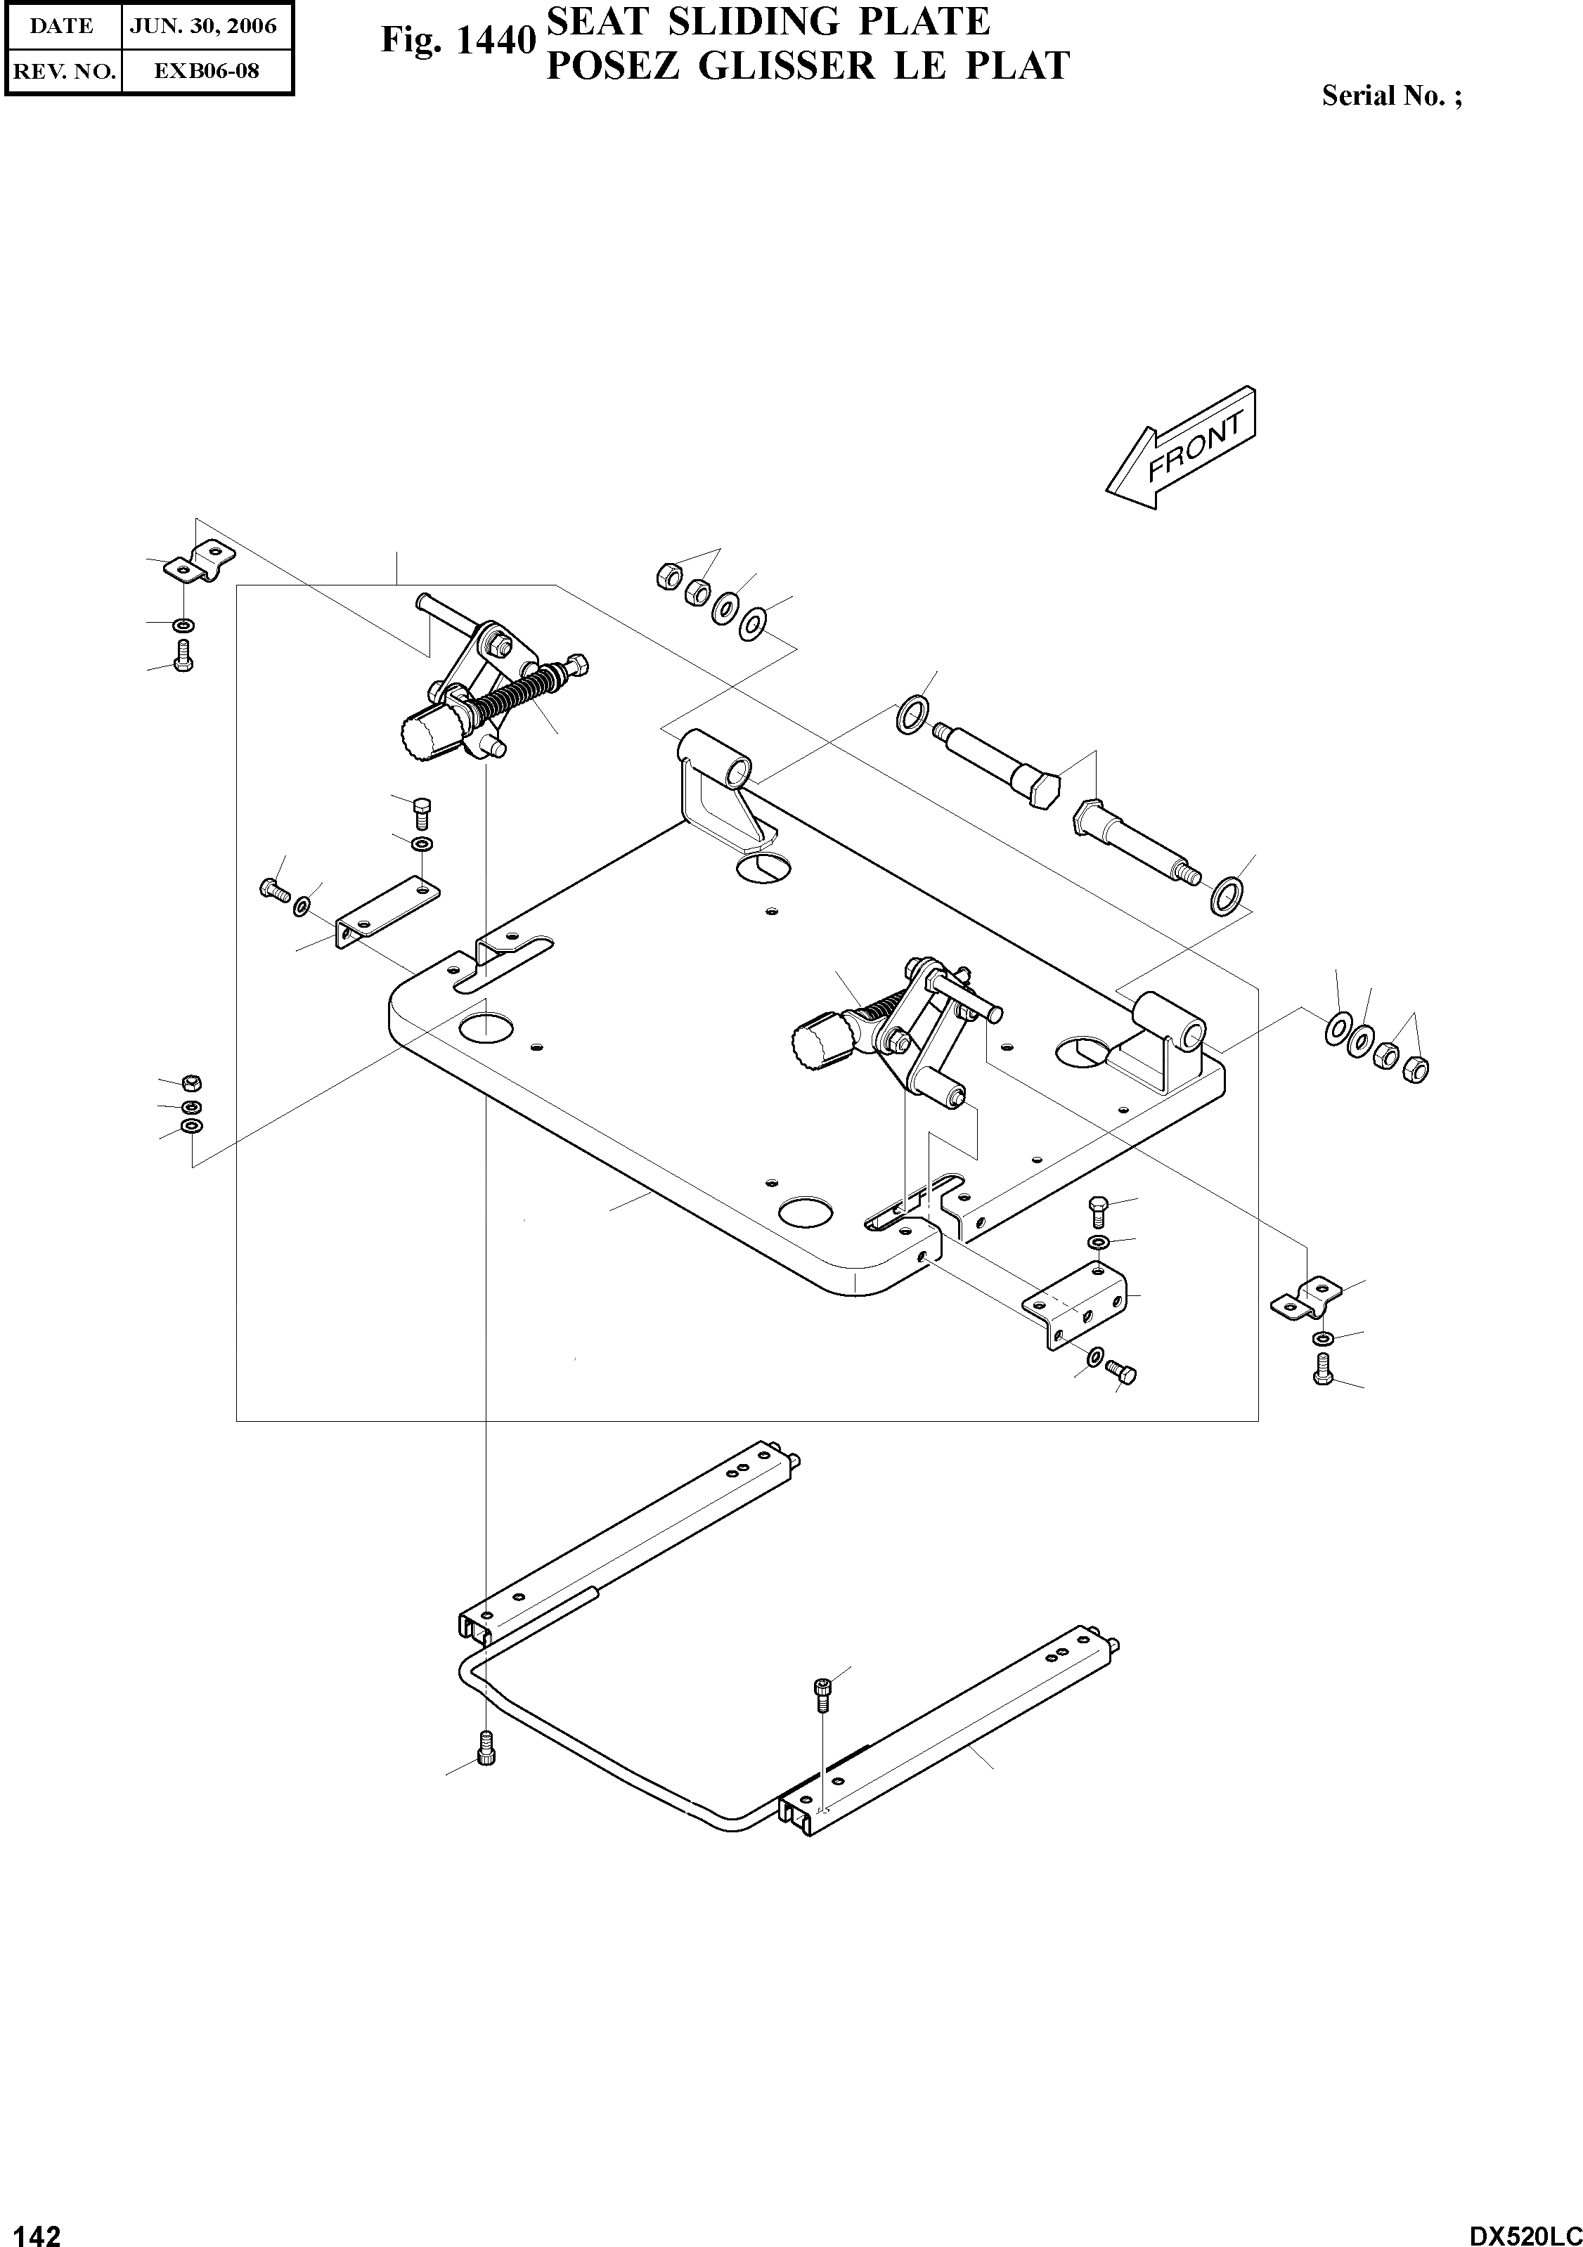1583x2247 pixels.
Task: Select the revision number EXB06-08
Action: pos(205,70)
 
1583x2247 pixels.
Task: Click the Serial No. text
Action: pos(1391,96)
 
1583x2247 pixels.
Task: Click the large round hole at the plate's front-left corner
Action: pos(484,1027)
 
